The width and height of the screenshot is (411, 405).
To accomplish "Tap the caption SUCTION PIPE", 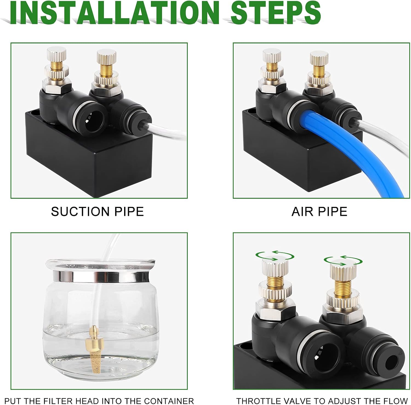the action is pyautogui.click(x=97, y=212).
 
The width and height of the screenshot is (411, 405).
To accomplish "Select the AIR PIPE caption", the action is pyautogui.click(x=319, y=212).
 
